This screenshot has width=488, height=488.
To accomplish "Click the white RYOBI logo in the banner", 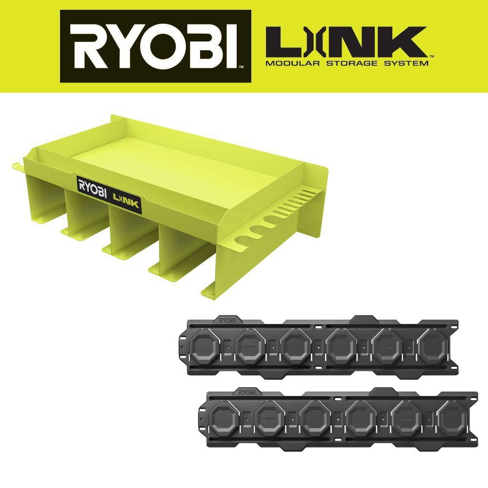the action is pyautogui.click(x=155, y=46).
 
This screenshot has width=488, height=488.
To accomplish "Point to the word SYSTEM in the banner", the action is pyautogui.click(x=406, y=63).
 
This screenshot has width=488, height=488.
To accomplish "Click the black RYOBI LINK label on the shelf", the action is pyautogui.click(x=109, y=195).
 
